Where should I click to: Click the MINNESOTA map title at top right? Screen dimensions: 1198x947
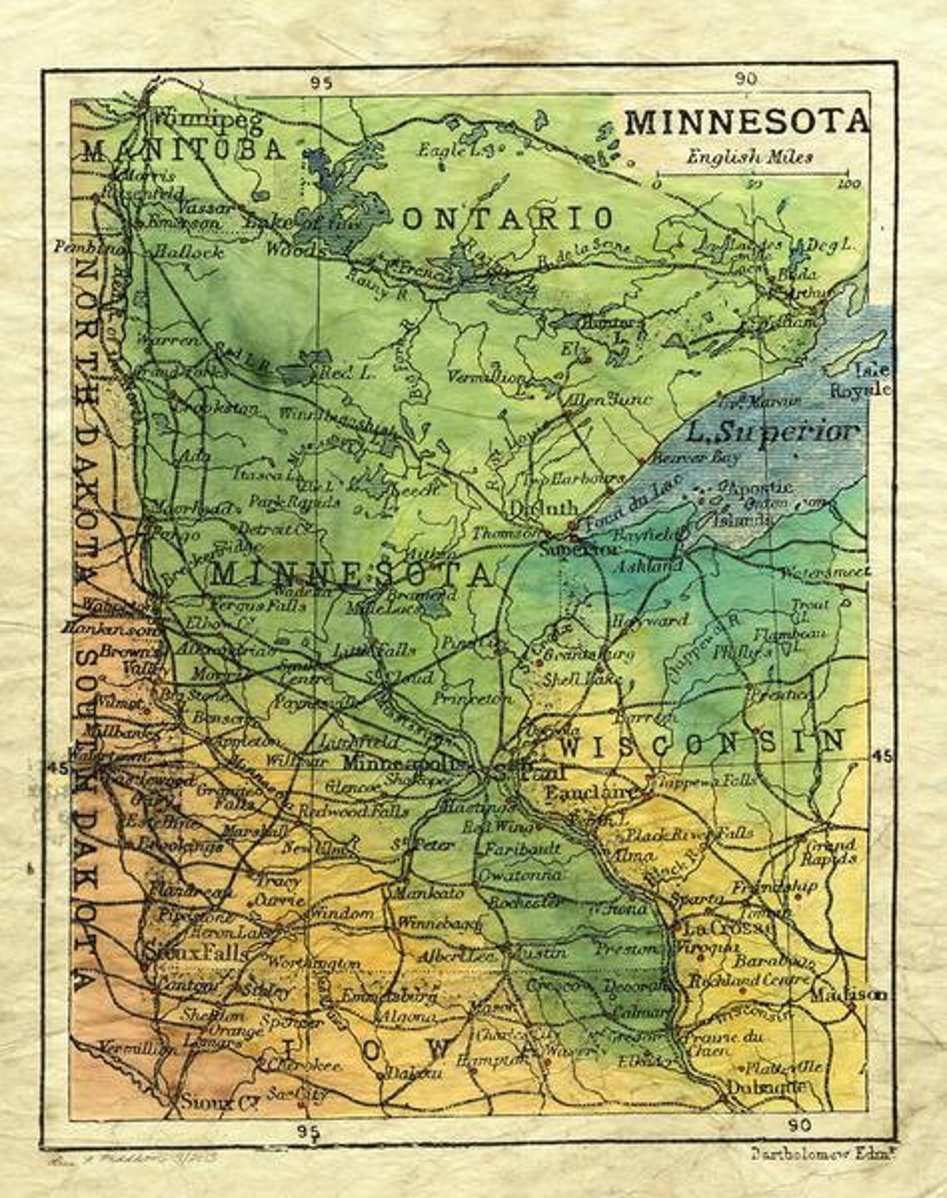point(746,122)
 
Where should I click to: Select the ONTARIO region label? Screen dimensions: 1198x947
point(508,219)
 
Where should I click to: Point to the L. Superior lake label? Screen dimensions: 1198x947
point(773,432)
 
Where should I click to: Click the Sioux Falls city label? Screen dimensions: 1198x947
point(196,952)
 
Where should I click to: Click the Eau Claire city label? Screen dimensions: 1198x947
point(593,794)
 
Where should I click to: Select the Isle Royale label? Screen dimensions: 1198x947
point(871,379)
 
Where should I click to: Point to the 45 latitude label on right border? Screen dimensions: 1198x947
point(881,755)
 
